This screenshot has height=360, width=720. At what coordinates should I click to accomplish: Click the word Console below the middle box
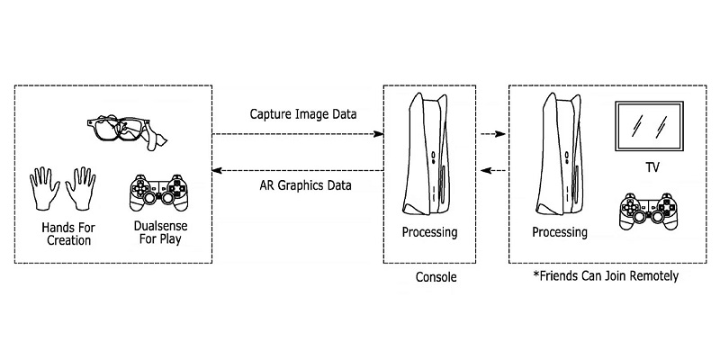436,278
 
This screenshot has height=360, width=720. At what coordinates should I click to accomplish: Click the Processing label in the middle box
429,233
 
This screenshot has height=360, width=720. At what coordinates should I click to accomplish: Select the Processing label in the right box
559,233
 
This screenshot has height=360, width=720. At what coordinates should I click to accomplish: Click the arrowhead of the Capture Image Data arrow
380,133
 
